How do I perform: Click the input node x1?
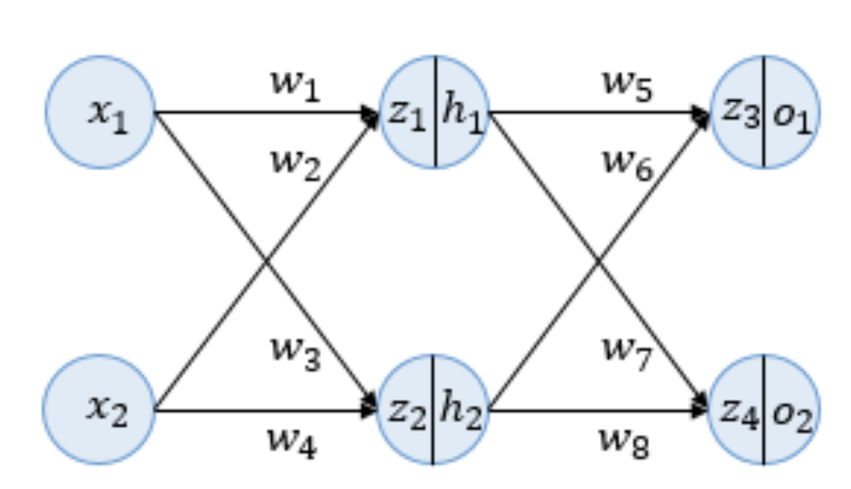pyautogui.click(x=101, y=113)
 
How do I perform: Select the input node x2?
pyautogui.click(x=100, y=410)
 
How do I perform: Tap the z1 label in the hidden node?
pyautogui.click(x=408, y=113)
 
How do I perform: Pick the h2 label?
pyautogui.click(x=461, y=410)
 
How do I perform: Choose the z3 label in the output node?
pyautogui.click(x=740, y=113)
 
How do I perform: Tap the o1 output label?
pyautogui.click(x=792, y=113)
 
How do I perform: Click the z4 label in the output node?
pyautogui.click(x=739, y=410)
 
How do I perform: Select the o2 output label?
pyautogui.click(x=791, y=410)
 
